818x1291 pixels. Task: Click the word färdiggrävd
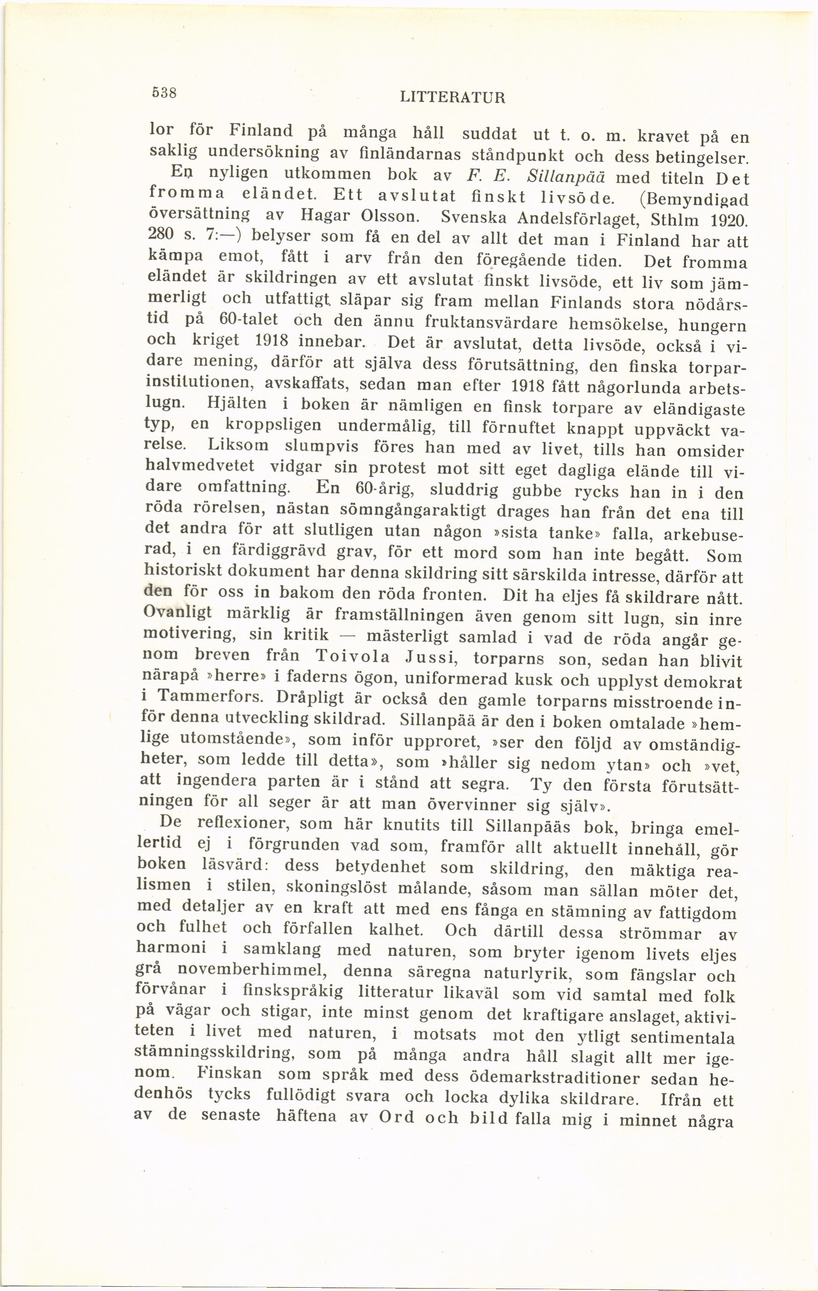coord(272,551)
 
